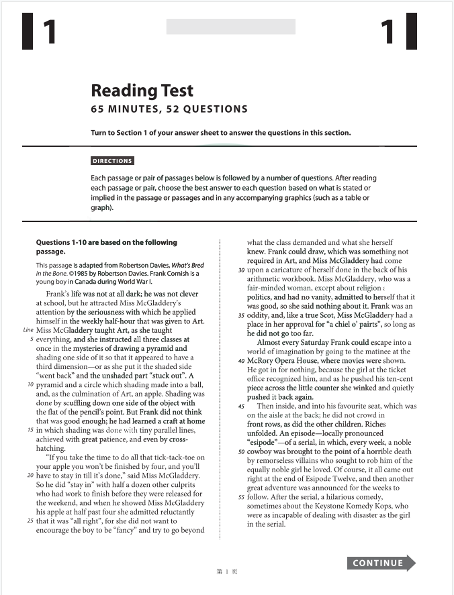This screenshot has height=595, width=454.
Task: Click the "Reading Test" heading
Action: [142, 91]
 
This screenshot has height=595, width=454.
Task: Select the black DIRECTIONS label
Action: [112, 161]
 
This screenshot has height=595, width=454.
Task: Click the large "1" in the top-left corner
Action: [50, 32]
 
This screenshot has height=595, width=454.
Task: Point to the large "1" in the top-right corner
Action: [388, 32]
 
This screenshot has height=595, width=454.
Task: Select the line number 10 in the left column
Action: [31, 385]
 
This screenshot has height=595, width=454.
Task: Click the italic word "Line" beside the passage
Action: [28, 330]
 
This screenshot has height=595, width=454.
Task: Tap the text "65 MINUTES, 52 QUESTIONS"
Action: [169, 109]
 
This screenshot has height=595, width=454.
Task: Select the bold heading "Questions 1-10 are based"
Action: [106, 243]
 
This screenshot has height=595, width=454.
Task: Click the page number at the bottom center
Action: [227, 572]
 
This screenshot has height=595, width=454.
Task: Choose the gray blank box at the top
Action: [230, 27]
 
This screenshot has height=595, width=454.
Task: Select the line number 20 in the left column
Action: [31, 476]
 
